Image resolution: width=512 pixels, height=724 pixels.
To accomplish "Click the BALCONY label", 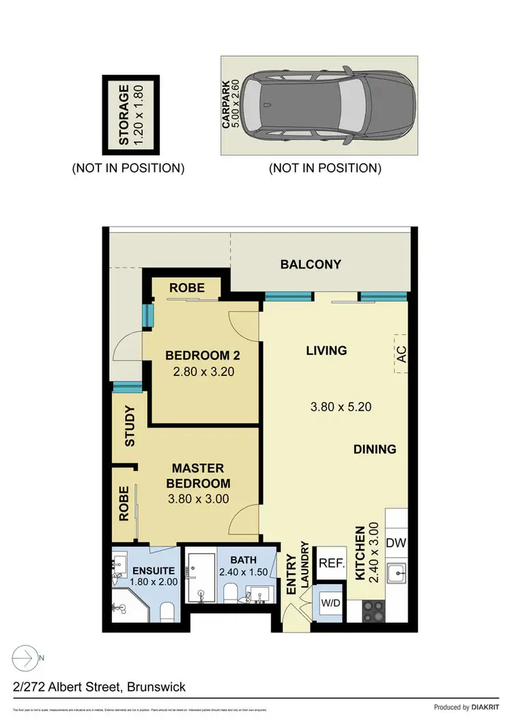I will (x=311, y=264).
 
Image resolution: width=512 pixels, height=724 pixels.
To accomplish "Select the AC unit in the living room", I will (x=401, y=354).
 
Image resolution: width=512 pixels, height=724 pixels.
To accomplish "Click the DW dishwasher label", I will (x=396, y=543).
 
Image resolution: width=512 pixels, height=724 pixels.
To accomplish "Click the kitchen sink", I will (x=397, y=573).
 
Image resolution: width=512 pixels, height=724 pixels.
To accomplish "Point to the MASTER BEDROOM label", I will (x=198, y=476).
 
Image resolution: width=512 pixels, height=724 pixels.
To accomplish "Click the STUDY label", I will (x=129, y=426).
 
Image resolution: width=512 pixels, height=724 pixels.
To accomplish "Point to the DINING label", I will (x=375, y=449).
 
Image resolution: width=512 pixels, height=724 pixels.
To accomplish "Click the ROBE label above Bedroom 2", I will (x=186, y=288).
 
